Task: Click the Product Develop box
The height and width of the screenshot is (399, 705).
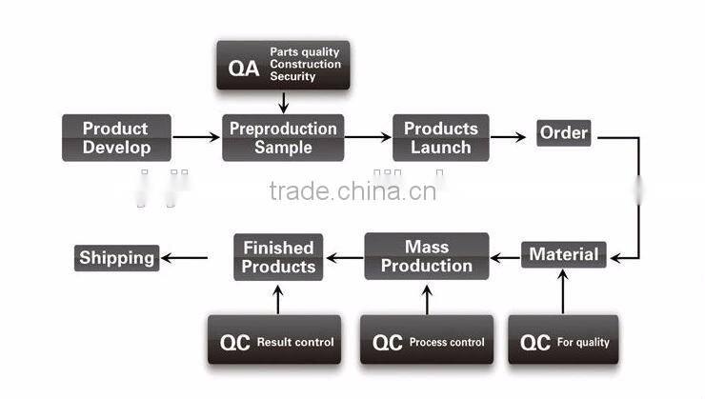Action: click(x=116, y=138)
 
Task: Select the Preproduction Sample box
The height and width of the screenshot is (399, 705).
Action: click(x=283, y=138)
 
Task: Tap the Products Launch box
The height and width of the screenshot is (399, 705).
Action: click(x=440, y=138)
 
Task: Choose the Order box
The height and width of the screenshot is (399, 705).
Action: click(x=563, y=132)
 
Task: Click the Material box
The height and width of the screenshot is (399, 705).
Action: click(x=563, y=254)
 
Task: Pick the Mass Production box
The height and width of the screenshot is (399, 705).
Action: click(x=426, y=256)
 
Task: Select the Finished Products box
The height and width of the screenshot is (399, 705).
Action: click(x=278, y=257)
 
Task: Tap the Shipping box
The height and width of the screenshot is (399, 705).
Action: click(x=116, y=257)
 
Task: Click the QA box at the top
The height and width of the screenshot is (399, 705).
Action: click(x=284, y=65)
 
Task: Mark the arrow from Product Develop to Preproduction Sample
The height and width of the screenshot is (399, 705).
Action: click(x=196, y=138)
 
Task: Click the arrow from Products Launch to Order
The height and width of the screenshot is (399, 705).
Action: click(x=508, y=137)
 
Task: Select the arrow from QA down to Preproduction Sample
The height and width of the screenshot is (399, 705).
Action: click(x=283, y=101)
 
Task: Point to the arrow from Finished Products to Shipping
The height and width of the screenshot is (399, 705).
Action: click(x=184, y=257)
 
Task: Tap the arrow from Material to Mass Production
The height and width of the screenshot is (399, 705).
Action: click(x=504, y=256)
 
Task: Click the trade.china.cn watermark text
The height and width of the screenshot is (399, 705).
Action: click(x=352, y=190)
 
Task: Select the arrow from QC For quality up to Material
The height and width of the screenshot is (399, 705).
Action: click(x=562, y=290)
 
